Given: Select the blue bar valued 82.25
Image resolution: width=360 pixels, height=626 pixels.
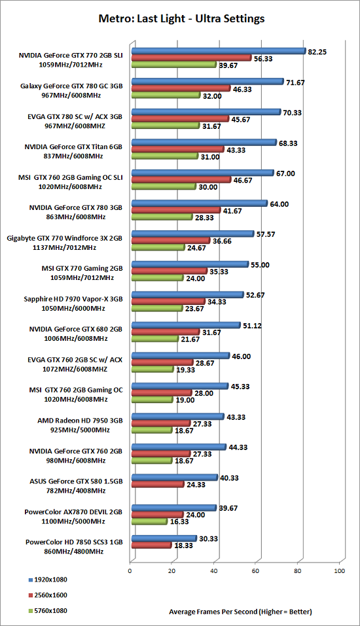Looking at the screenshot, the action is [x=219, y=51].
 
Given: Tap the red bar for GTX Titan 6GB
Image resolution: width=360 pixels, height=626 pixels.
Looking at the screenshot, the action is [x=178, y=149].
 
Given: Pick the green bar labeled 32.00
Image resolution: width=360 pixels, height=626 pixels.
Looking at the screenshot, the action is [x=166, y=96].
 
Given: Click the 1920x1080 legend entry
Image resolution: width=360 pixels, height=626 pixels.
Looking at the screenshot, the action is [x=48, y=580].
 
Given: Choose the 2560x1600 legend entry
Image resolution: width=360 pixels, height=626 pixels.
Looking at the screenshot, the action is [x=48, y=595].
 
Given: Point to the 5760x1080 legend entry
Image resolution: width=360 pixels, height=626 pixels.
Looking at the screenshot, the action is [x=48, y=611].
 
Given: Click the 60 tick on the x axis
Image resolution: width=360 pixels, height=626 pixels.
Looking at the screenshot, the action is [x=256, y=571].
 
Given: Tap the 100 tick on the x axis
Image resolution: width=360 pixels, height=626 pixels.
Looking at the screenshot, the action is [x=339, y=571].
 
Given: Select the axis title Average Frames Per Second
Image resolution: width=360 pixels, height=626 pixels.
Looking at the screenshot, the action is [x=213, y=612].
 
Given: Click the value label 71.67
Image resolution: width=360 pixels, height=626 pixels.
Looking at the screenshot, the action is [x=295, y=82].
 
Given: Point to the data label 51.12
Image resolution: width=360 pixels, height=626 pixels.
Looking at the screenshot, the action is [x=252, y=326].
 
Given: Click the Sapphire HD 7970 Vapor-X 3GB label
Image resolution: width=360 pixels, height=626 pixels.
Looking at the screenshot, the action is [x=73, y=299].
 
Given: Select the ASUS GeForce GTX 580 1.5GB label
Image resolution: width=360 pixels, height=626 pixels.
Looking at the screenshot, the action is [x=76, y=481].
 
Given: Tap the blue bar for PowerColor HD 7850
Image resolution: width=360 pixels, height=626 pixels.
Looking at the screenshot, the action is [x=164, y=538].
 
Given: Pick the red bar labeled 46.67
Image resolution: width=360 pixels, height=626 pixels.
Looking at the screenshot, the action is [x=181, y=180].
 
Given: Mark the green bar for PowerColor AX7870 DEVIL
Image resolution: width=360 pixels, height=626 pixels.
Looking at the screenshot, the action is [x=149, y=521].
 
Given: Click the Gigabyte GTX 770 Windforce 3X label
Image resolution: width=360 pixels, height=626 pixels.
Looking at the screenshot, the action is [x=65, y=238].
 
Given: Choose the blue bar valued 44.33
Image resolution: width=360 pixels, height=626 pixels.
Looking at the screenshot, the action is [x=179, y=447].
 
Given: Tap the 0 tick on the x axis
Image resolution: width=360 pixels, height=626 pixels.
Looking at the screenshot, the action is [x=130, y=571].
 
